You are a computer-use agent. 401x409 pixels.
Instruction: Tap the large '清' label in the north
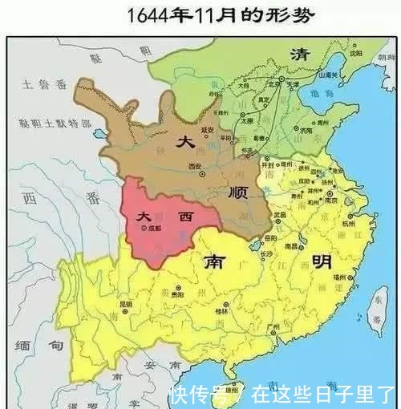[x=300, y=54]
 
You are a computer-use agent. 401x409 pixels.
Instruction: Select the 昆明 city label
[x=125, y=305]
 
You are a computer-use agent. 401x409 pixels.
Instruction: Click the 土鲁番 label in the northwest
[x=37, y=83]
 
